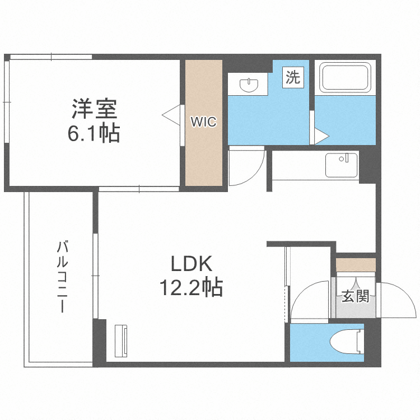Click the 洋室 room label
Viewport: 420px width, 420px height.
[94, 109]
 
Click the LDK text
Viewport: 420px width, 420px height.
[190, 263]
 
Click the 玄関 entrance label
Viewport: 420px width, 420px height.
[355, 296]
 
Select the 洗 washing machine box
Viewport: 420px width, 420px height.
[292, 77]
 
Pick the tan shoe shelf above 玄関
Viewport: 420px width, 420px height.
[356, 264]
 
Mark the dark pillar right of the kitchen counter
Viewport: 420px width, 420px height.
[368, 166]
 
